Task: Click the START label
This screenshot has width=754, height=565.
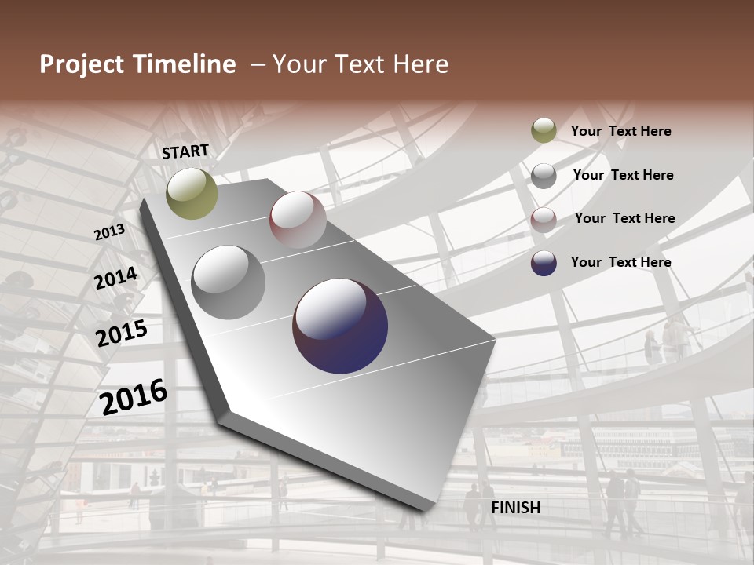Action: click(x=185, y=151)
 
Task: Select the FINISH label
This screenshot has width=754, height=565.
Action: click(x=515, y=508)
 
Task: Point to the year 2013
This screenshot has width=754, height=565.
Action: click(x=110, y=232)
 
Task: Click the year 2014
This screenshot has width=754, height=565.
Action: click(x=116, y=279)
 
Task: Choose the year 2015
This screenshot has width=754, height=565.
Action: click(x=122, y=333)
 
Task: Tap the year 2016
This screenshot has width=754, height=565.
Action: click(x=134, y=396)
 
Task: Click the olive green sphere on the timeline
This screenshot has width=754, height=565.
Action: click(x=192, y=193)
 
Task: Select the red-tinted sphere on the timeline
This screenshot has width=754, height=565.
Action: click(x=298, y=220)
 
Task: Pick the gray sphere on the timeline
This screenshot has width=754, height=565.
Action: click(x=229, y=282)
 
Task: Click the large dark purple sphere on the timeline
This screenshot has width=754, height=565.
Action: click(x=340, y=326)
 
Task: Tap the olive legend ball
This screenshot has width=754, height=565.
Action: click(x=544, y=131)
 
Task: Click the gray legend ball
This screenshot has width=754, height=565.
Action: click(x=544, y=176)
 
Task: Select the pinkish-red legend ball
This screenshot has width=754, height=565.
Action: click(x=544, y=220)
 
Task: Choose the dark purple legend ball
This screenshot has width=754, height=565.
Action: click(x=544, y=263)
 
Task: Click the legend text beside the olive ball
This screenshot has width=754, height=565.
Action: click(x=620, y=131)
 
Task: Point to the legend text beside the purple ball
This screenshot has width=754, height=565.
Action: click(x=620, y=262)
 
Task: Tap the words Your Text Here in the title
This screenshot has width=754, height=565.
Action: click(x=361, y=64)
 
